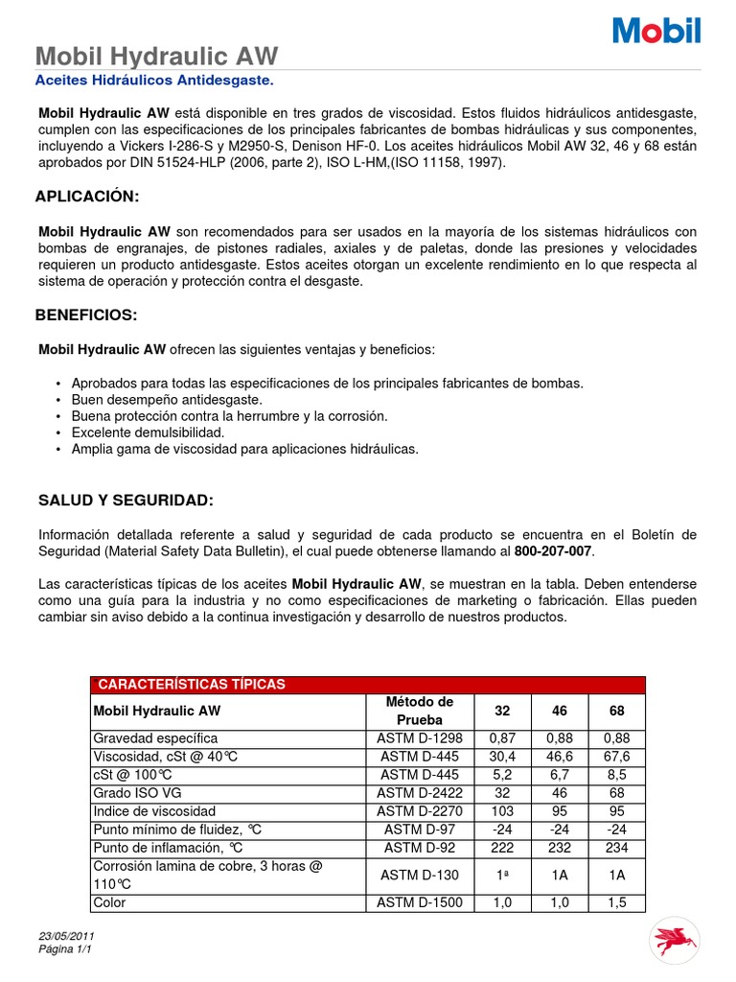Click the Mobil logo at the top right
click(x=656, y=30)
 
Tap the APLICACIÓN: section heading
click(x=87, y=197)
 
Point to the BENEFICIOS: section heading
click(x=86, y=315)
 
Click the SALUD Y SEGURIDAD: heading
click(x=126, y=501)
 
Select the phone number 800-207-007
click(x=554, y=550)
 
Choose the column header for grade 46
click(x=560, y=711)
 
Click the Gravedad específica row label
click(x=155, y=738)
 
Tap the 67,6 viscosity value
click(x=617, y=757)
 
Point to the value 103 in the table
click(x=502, y=810)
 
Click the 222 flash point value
click(x=502, y=847)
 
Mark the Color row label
click(x=109, y=902)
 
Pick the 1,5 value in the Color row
click(x=617, y=902)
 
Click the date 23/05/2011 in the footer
click(x=66, y=936)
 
